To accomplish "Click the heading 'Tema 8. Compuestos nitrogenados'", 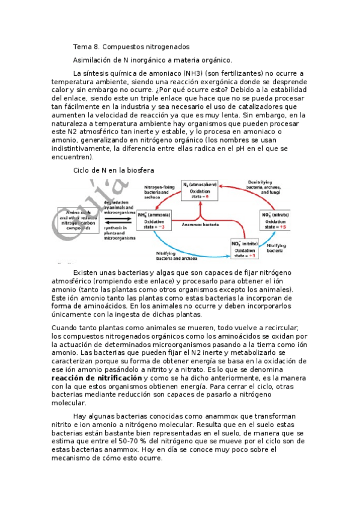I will (x=131, y=46).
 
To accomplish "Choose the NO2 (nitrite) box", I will (x=247, y=248).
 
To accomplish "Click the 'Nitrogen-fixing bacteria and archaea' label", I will (x=159, y=191).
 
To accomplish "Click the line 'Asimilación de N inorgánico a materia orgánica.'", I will (x=152, y=60).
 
